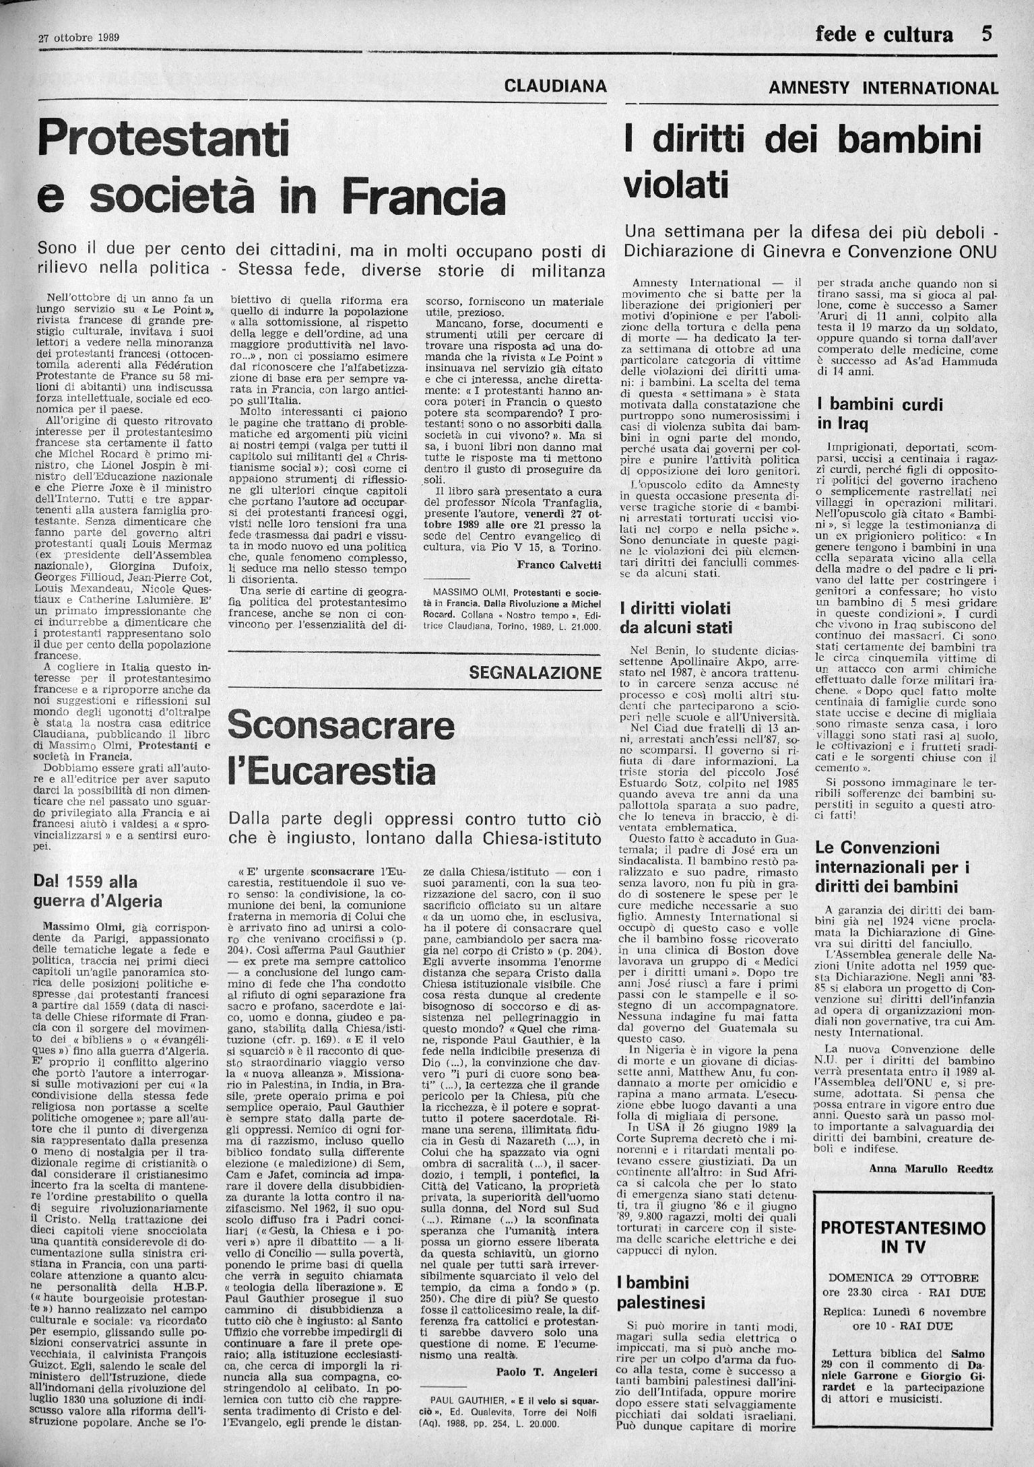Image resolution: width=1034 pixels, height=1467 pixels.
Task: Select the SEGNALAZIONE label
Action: (535, 672)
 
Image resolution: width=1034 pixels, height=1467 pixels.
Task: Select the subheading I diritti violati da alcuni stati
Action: (675, 618)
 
